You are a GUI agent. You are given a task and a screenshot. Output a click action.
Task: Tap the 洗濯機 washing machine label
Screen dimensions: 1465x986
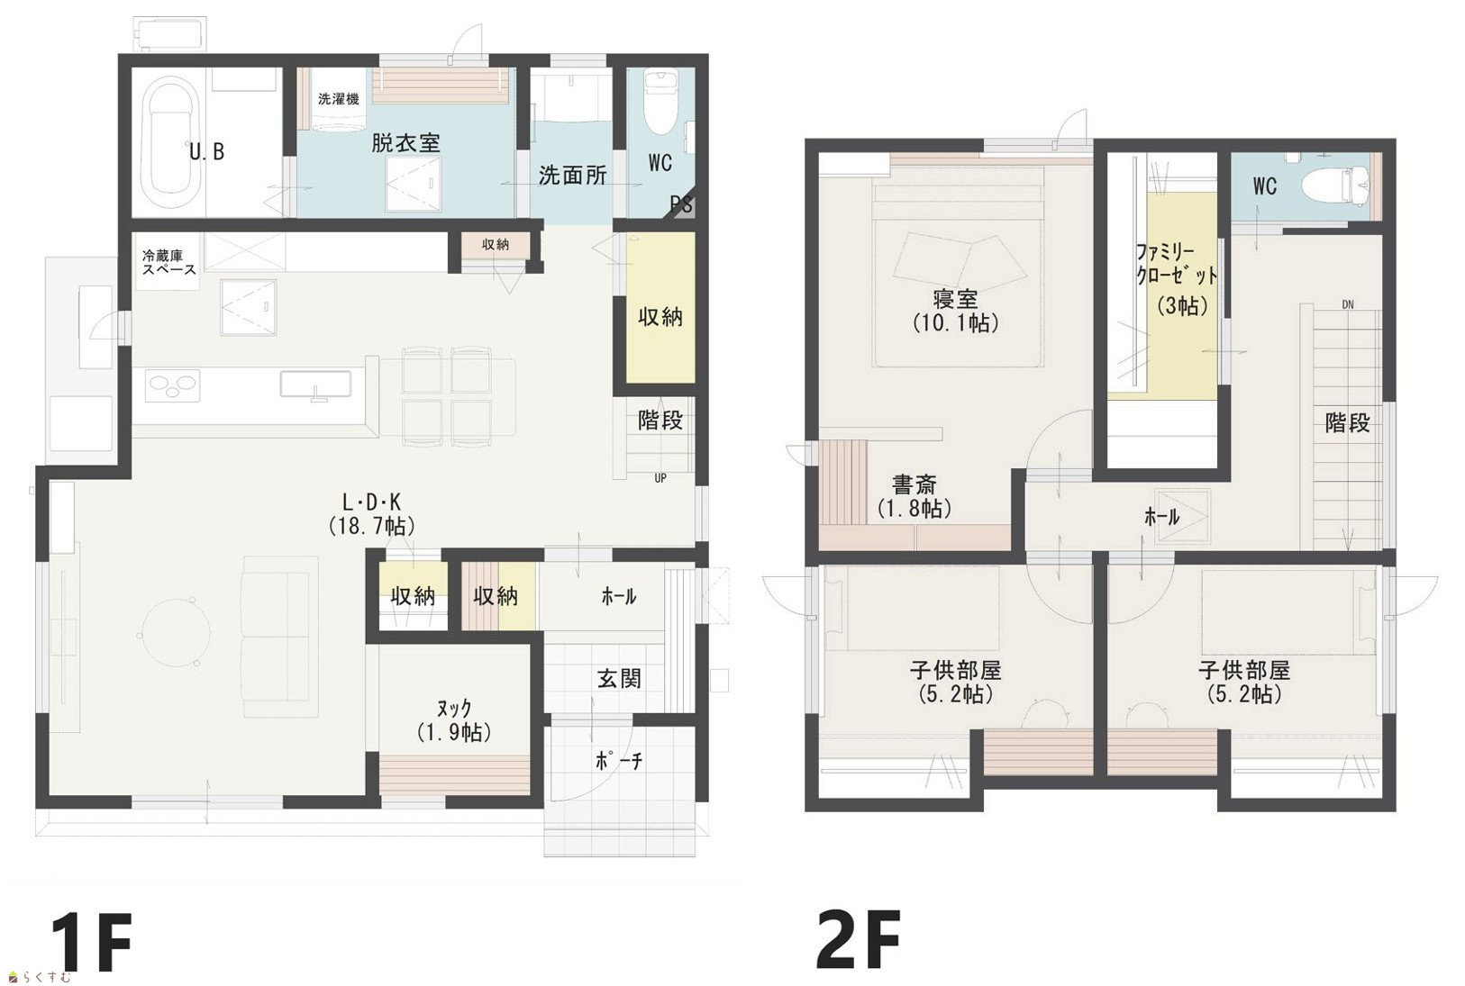point(338,99)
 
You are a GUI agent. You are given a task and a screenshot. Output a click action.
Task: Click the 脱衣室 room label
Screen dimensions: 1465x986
point(405,142)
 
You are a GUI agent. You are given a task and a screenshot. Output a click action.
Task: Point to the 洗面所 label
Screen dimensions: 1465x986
point(573,176)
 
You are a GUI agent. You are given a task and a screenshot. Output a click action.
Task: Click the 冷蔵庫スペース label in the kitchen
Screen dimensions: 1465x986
point(168,261)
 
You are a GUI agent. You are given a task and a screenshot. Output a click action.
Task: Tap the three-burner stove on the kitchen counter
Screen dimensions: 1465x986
point(173,385)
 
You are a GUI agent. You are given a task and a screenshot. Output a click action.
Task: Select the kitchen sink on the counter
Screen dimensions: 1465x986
point(315,384)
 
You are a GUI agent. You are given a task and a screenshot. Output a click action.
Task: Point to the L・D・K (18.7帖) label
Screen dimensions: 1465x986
point(371,514)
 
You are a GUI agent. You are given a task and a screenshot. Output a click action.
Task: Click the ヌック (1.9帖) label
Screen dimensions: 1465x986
point(454,719)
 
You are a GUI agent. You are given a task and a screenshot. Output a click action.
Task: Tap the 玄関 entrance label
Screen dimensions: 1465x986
point(619,679)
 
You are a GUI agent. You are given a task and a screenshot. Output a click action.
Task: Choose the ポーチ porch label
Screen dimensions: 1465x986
point(619,760)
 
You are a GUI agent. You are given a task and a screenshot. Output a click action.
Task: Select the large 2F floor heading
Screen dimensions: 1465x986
point(858,939)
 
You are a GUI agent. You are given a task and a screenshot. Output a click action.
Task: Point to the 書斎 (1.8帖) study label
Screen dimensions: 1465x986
point(914,496)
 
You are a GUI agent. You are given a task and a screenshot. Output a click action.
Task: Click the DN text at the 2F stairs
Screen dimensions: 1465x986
point(1348,304)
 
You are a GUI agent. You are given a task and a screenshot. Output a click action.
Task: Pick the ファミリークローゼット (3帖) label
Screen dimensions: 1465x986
point(1177,279)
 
